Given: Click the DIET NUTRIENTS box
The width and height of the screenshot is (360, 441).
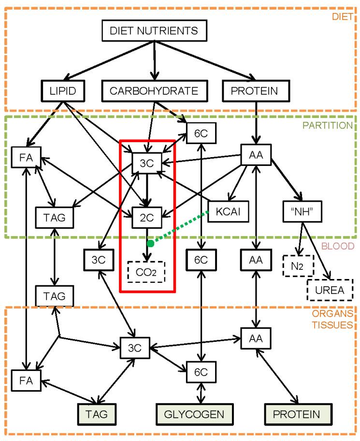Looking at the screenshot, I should [154, 31].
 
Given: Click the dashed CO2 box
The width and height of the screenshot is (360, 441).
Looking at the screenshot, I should [146, 272].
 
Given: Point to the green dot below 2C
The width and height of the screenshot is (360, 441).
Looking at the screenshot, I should [150, 243].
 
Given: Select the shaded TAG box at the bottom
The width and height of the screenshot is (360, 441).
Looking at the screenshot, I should [99, 414].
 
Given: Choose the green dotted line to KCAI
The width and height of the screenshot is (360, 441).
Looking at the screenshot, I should [180, 228].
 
